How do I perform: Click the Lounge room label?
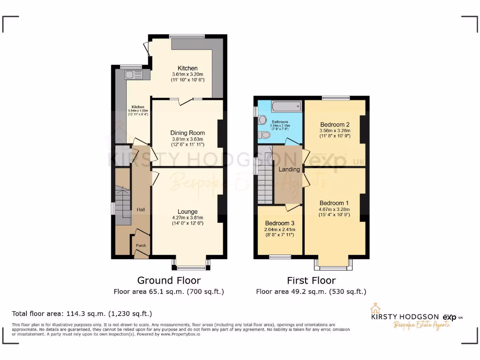tap(187, 211)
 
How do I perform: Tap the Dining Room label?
tap(187, 133)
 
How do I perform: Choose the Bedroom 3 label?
tap(280, 223)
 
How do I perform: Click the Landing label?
tap(289, 169)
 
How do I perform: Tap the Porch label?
tap(141, 246)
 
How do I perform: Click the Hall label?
tap(141, 210)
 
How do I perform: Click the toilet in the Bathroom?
tap(263, 135)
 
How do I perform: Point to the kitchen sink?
tap(130, 74)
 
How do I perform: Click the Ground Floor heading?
tap(169, 280)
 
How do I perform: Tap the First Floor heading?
tap(311, 280)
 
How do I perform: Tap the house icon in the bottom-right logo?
tap(375, 308)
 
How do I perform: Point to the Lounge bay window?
tap(190, 268)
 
